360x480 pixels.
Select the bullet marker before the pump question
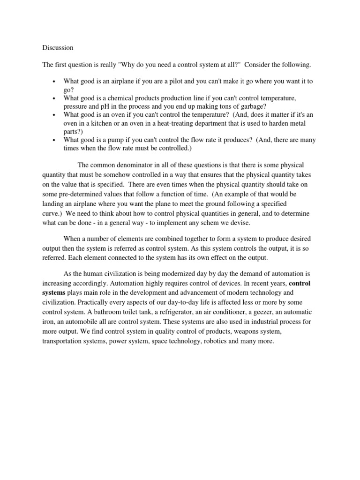click(55, 141)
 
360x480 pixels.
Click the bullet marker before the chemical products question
click(55, 98)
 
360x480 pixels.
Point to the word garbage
click(244, 106)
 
